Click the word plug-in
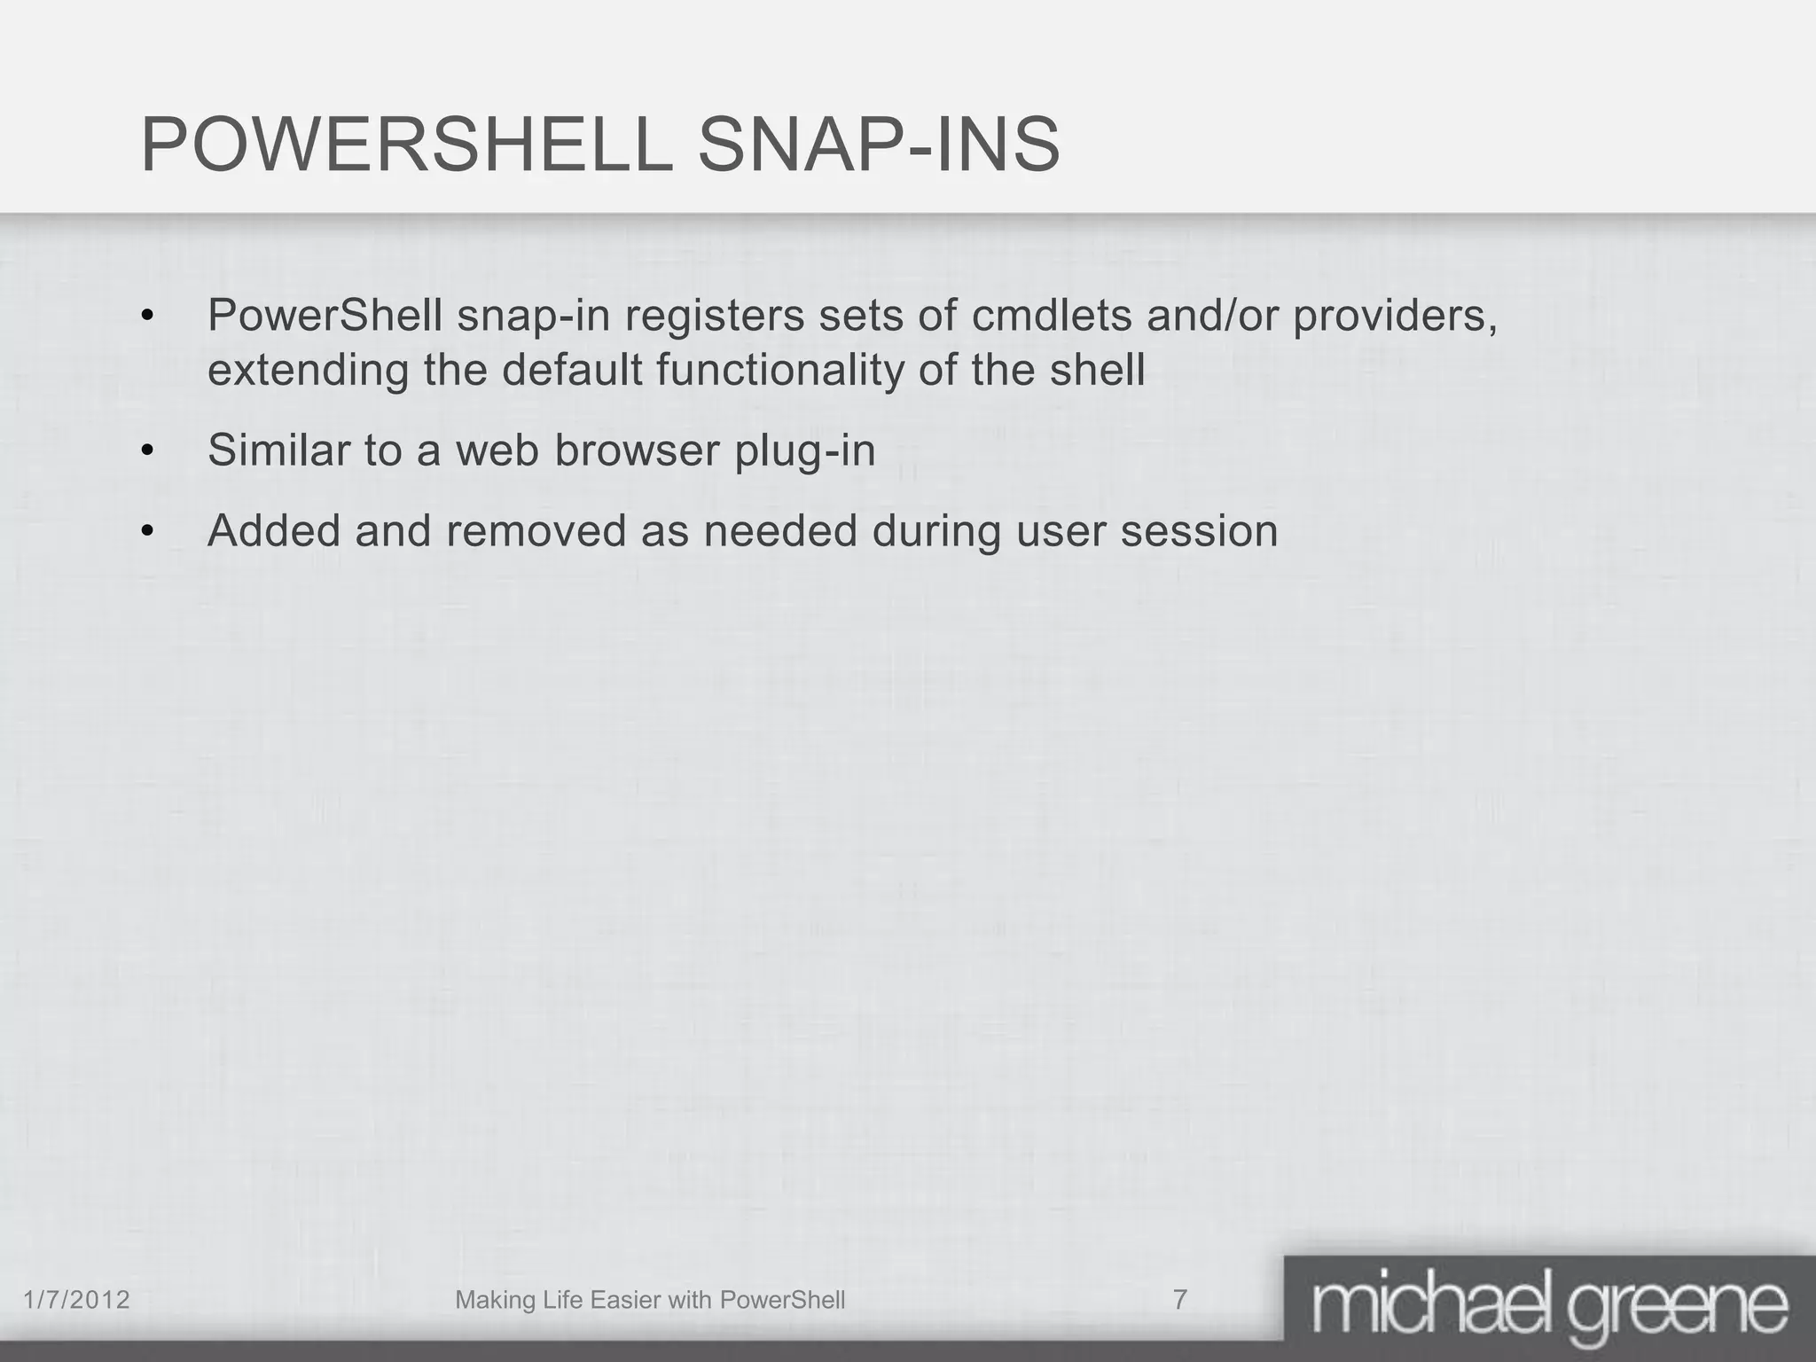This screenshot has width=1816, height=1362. [x=804, y=450]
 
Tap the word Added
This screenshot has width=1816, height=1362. [x=274, y=531]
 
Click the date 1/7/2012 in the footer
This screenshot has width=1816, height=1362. [x=76, y=1300]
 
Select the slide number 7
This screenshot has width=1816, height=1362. [x=1179, y=1300]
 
